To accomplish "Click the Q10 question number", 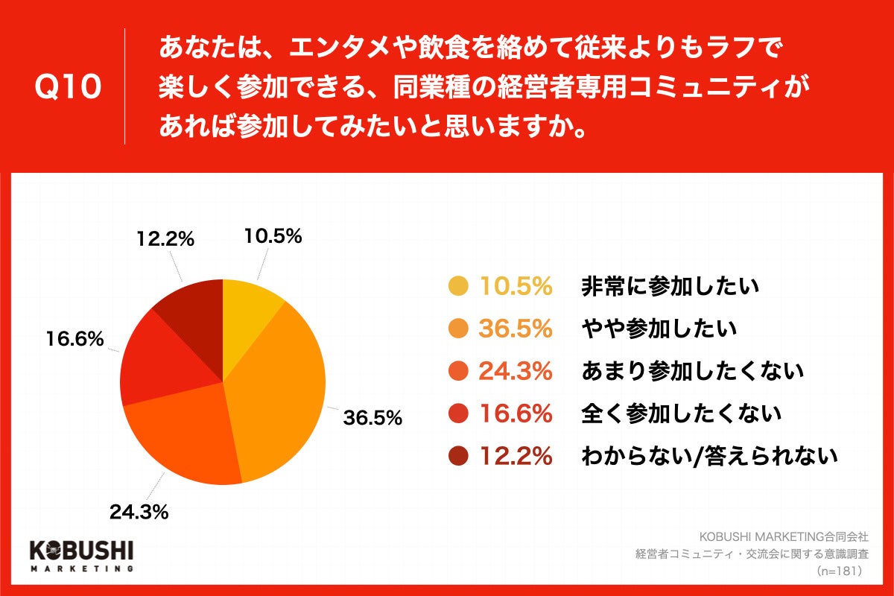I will [x=68, y=87].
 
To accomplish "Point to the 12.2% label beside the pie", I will [x=165, y=239].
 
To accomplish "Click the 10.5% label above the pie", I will [x=273, y=236].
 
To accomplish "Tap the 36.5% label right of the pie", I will [x=372, y=417].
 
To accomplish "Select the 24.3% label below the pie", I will [x=139, y=512].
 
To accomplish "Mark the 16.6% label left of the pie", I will [x=74, y=340].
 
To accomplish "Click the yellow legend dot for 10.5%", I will [x=458, y=286].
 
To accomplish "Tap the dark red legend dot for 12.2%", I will [x=458, y=455].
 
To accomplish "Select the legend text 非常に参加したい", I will [x=669, y=286].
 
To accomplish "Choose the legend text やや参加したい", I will [x=659, y=328].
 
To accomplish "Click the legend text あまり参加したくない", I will [x=692, y=370].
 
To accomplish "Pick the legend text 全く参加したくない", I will [x=681, y=413].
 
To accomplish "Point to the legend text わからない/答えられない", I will [x=709, y=455].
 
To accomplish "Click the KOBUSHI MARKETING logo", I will [x=80, y=555].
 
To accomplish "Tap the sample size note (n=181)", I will [x=839, y=571].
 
